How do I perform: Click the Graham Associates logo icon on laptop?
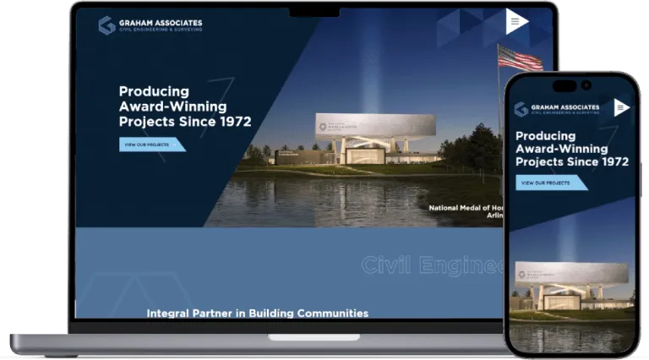click(106, 25)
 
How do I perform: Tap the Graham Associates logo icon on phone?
click(521, 109)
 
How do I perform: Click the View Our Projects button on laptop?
click(151, 145)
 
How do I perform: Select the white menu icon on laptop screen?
click(516, 22)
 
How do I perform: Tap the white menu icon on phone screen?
click(621, 107)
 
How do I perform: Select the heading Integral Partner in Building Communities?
click(258, 313)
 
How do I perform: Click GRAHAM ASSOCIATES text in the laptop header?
click(161, 22)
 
